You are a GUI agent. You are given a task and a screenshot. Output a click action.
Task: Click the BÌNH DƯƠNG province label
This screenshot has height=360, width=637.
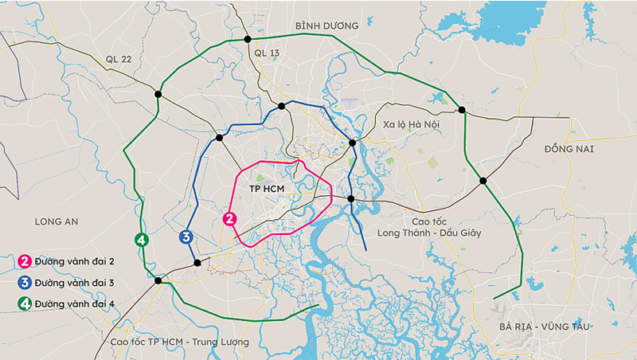326,25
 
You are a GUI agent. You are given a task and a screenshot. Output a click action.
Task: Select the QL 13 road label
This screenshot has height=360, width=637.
268,53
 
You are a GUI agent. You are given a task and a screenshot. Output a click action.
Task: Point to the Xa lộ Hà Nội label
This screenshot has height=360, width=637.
411,125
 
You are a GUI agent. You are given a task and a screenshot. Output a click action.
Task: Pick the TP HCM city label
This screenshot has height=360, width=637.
267,189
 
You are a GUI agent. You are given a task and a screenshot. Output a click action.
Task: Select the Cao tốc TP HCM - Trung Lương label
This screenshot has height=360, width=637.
180,342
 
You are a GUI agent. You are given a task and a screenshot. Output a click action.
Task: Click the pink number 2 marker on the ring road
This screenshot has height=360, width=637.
229,219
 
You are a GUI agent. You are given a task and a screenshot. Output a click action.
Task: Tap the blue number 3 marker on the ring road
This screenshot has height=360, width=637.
186,237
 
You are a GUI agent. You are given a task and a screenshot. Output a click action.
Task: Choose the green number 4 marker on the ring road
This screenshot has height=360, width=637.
141,240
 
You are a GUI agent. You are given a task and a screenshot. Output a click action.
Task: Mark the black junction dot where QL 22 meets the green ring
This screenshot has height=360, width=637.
158,94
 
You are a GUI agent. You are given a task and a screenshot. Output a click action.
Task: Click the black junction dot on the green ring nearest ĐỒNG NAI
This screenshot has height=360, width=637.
483,182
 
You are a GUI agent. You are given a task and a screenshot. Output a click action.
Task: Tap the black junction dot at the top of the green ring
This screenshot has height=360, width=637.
245,38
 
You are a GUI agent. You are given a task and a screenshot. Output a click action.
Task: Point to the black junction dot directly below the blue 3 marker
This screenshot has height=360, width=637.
197,263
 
